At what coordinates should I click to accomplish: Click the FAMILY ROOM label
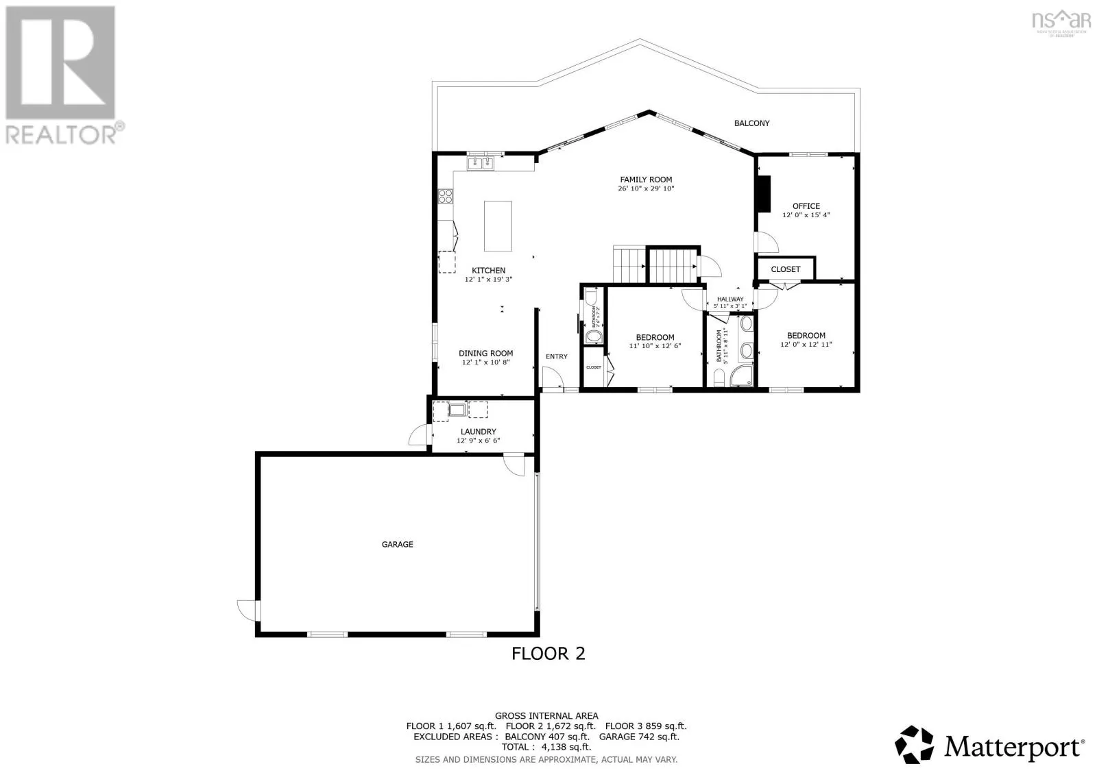click(x=646, y=180)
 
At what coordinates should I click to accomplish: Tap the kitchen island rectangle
click(x=498, y=226)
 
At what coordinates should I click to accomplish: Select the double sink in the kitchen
click(x=480, y=163)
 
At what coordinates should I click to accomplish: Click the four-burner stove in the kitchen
click(x=446, y=197)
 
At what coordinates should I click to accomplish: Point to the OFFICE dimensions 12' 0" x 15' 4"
click(x=806, y=215)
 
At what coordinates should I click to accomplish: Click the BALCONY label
click(x=751, y=123)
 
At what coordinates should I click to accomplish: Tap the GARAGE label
click(x=397, y=545)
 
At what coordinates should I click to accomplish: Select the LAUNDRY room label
click(x=478, y=432)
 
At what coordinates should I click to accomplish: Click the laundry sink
click(x=457, y=410)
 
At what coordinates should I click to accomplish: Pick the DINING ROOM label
click(x=485, y=354)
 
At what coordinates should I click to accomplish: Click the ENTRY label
click(x=557, y=356)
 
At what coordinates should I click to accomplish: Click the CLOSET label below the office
click(x=785, y=269)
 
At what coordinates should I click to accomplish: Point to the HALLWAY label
click(x=730, y=299)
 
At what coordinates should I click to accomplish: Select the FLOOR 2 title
click(x=548, y=654)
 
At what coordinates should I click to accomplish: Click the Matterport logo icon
click(x=915, y=744)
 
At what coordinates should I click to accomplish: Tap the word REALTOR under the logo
click(x=62, y=134)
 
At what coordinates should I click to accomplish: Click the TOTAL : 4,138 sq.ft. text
click(x=546, y=748)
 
